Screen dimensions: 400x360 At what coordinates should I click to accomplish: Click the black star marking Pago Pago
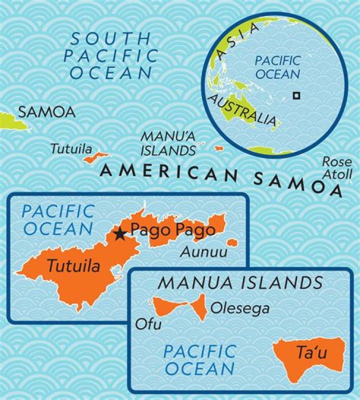coord(120,234)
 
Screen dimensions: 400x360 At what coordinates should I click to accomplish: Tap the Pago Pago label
coord(172,230)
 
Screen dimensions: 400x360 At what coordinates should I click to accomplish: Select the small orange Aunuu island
coord(231,243)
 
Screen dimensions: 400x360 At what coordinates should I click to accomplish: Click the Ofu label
coord(148,325)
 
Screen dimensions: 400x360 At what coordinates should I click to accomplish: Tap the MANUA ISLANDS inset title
coord(240,283)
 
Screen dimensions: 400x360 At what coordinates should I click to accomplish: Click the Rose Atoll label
coord(337,168)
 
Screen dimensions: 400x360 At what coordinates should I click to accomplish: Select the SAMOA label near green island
coord(46,112)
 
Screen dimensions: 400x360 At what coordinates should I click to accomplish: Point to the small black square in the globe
coord(296,95)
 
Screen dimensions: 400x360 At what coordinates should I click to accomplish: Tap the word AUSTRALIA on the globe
coord(242,109)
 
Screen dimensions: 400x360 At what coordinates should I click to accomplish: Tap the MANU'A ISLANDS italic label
coord(167,143)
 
